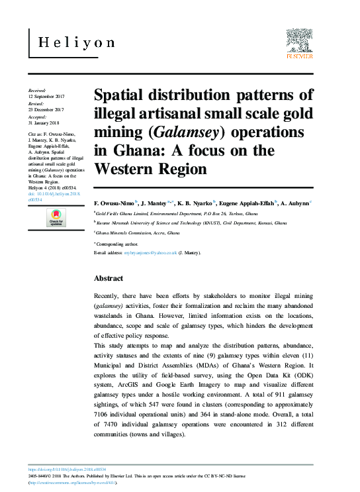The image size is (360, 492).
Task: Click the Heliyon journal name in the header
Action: point(76,43)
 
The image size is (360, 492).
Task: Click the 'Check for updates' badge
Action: point(56,218)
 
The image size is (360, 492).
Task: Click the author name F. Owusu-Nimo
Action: point(115,201)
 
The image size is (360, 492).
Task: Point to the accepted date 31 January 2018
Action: point(44,123)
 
